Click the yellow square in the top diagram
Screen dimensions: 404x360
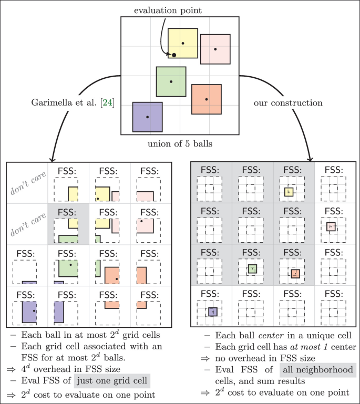click(183, 43)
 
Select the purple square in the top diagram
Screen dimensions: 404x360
click(147, 117)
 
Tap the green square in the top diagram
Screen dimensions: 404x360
click(171, 81)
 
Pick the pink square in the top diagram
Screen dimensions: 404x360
click(215, 49)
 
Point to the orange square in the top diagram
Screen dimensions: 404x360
click(207, 99)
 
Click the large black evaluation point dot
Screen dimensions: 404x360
click(174, 55)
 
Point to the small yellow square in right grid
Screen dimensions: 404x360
click(289, 192)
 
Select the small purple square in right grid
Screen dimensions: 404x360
click(212, 312)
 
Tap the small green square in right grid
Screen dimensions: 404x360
click(253, 269)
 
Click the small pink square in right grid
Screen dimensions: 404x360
click(330, 226)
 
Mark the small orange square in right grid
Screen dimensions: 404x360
click(295, 273)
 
